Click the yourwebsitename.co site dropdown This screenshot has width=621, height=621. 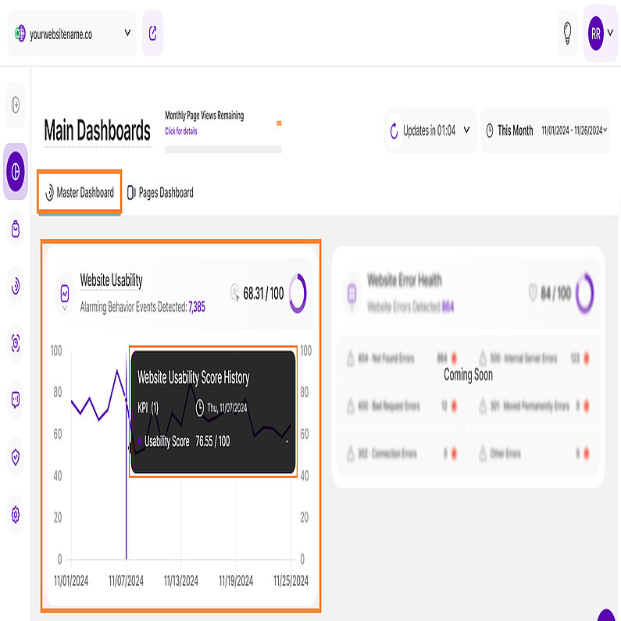[x=72, y=34]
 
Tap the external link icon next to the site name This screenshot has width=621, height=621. [x=152, y=34]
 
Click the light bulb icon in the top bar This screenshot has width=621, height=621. [x=567, y=34]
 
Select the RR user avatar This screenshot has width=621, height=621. [x=596, y=34]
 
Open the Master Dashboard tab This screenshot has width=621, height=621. [x=80, y=192]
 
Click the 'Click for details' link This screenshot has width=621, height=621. [x=181, y=131]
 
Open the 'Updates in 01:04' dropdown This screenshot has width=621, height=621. [x=430, y=130]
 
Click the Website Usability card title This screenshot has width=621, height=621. [x=111, y=280]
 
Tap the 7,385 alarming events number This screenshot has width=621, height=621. [x=197, y=308]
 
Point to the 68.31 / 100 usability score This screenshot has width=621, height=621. [x=263, y=294]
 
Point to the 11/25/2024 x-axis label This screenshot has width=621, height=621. [x=291, y=580]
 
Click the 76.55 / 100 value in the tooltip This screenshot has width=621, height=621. [x=212, y=441]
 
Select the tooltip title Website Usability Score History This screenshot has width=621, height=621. [x=194, y=377]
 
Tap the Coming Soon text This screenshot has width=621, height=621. [x=468, y=374]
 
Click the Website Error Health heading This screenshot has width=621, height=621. [x=404, y=280]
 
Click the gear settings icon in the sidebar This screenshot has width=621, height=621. [x=16, y=515]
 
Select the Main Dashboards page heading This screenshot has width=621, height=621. [x=97, y=130]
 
